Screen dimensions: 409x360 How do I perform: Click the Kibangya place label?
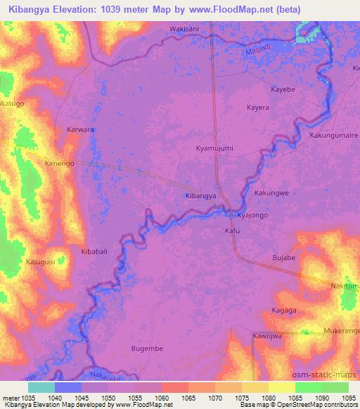[x=200, y=196]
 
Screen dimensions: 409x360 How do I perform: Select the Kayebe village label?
[x=283, y=89]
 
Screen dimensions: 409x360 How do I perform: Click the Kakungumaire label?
[x=333, y=134]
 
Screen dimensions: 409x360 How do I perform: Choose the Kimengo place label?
[x=60, y=162]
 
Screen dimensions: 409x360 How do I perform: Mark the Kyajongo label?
[x=252, y=215]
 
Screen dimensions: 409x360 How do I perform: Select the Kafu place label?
[x=232, y=230]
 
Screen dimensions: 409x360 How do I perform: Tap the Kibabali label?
[x=95, y=251]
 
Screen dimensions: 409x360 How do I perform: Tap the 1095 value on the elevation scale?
[x=347, y=398]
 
